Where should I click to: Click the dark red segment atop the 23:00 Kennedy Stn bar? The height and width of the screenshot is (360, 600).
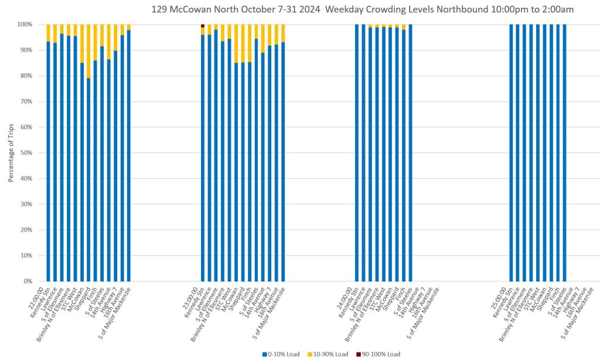point(203,26)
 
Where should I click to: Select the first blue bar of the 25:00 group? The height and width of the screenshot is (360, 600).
point(511,152)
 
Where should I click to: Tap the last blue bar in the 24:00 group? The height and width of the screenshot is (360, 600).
point(410,152)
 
